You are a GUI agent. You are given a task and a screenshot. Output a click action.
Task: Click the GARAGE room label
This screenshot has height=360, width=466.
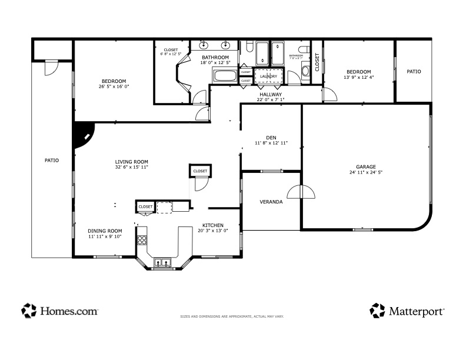[x=365, y=166]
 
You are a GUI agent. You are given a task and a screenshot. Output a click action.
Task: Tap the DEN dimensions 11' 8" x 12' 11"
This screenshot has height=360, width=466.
[x=271, y=143]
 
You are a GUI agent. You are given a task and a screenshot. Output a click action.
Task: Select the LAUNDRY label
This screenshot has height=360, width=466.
[x=268, y=76]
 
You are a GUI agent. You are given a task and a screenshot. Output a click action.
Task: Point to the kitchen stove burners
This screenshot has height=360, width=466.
[x=142, y=240]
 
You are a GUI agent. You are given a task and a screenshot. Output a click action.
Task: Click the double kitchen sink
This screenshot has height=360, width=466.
[x=162, y=263]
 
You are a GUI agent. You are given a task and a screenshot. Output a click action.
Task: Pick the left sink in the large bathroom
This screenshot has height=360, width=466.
[x=204, y=45]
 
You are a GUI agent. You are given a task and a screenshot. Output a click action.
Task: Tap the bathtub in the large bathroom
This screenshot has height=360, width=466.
[x=225, y=75]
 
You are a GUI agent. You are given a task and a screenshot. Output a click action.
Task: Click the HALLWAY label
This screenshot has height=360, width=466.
[x=270, y=94]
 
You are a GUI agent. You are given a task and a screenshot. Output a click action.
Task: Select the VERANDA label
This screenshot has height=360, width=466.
[x=271, y=202]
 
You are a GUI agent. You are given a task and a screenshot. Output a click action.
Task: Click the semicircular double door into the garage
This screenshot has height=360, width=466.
[x=301, y=192]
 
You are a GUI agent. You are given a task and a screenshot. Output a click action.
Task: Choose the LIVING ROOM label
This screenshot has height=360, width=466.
[x=131, y=161]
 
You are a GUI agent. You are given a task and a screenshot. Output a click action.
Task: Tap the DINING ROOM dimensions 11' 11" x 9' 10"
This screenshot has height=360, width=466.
[x=105, y=236]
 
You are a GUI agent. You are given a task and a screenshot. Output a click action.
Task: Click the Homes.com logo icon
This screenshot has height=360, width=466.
[x=29, y=310]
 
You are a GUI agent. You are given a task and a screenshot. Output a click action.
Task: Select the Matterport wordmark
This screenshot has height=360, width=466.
[x=416, y=311]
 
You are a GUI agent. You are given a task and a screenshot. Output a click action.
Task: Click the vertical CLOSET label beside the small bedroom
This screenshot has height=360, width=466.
[x=317, y=62]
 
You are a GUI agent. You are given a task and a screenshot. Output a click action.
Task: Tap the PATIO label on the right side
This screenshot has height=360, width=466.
[x=414, y=72]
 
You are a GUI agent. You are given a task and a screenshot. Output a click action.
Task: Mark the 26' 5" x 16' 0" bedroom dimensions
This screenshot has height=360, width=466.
[x=114, y=86]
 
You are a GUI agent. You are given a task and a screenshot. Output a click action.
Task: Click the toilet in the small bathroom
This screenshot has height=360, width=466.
[x=304, y=52]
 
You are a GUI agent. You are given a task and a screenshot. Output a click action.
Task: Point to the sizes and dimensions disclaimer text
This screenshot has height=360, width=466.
[x=232, y=316]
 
